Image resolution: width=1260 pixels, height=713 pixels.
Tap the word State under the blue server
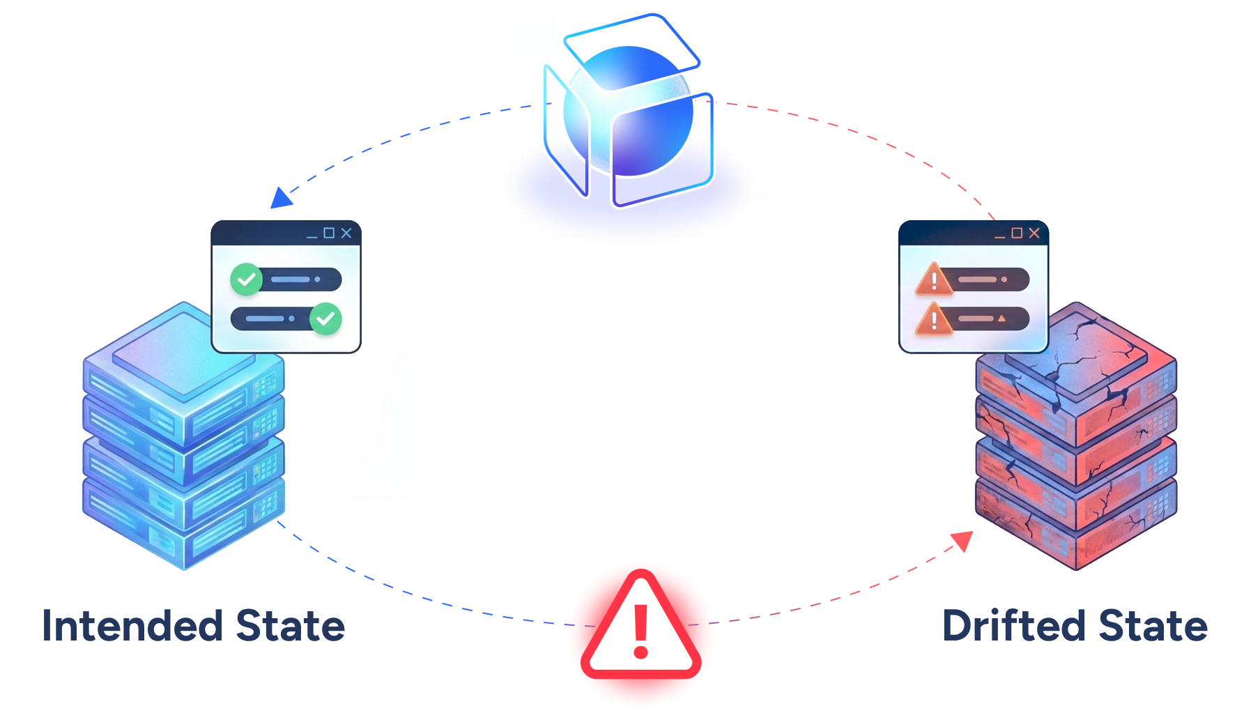[x=291, y=625]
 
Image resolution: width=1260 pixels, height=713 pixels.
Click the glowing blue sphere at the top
[x=627, y=112]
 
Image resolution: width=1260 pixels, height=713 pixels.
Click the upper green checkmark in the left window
[x=246, y=279]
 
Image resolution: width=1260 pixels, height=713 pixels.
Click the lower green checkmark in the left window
[x=325, y=319]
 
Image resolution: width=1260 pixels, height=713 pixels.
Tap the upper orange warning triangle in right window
[x=934, y=279]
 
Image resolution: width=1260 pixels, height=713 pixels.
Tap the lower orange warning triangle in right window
[x=934, y=319]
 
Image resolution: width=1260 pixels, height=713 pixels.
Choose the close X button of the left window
[x=346, y=233]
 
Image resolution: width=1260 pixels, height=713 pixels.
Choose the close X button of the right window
[x=1034, y=233]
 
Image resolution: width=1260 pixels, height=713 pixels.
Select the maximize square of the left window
[x=329, y=233]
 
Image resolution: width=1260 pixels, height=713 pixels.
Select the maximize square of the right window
[x=1017, y=233]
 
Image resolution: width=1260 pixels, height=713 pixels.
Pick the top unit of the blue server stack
[x=167, y=362]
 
